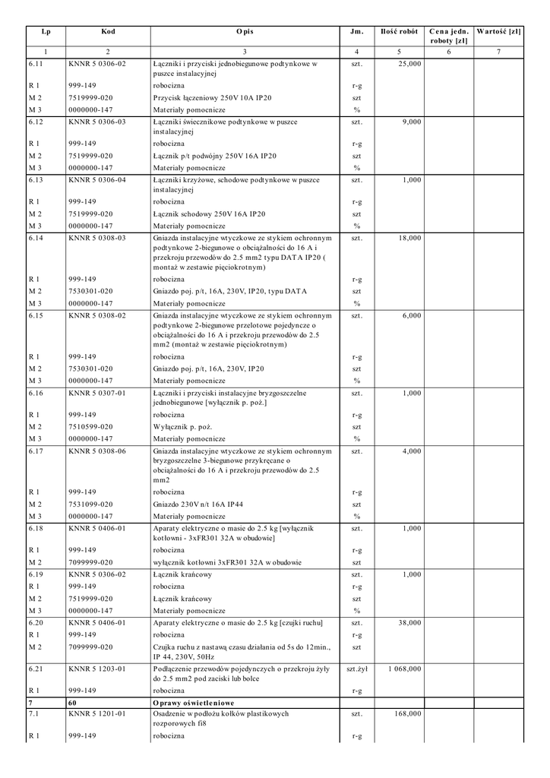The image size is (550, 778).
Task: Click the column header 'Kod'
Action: (x=108, y=32)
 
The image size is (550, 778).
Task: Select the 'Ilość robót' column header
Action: (x=398, y=32)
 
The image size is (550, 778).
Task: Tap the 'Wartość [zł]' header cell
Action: (x=498, y=32)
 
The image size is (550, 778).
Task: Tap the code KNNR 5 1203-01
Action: (x=97, y=669)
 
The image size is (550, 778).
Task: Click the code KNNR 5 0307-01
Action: (x=97, y=394)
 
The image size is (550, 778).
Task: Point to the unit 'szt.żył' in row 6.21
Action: (x=357, y=669)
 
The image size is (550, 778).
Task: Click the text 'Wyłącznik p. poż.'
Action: (x=182, y=427)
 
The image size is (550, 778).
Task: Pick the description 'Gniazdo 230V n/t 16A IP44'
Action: (x=200, y=504)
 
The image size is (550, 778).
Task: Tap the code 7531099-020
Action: (x=90, y=504)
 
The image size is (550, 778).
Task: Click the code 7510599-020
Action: (x=90, y=427)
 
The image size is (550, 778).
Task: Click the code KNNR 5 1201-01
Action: (x=97, y=715)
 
